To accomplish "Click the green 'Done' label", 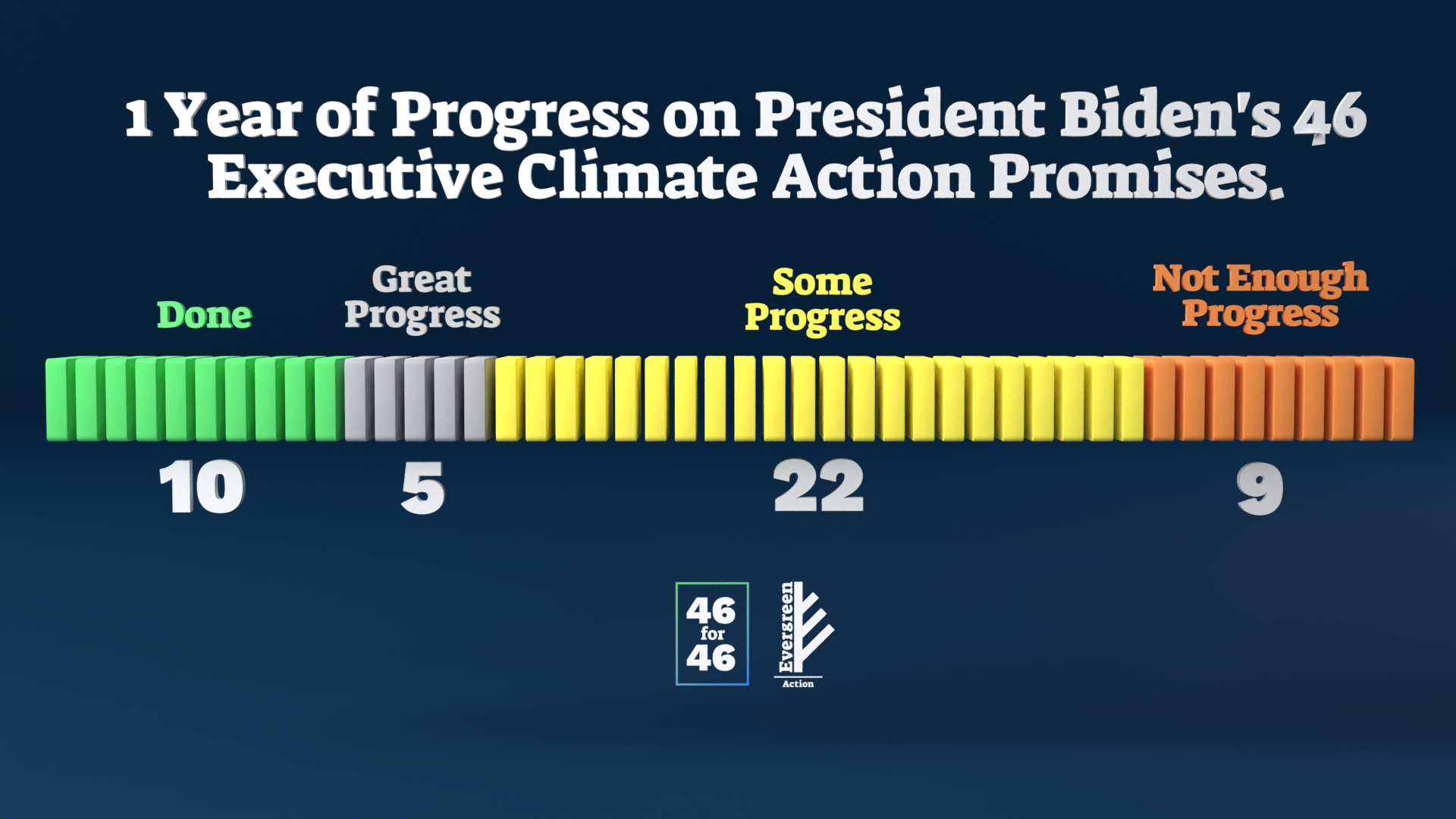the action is (x=204, y=315).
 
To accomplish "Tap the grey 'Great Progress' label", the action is (x=422, y=298).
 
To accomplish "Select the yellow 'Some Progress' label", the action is (x=822, y=300).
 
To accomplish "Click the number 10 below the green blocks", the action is (x=202, y=487).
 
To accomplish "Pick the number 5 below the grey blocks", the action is (x=423, y=489).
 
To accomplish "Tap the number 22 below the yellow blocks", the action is (x=818, y=486).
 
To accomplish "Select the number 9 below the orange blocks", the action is (x=1260, y=489).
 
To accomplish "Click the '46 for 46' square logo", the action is (x=712, y=634).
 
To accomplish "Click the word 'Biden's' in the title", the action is (x=1171, y=115).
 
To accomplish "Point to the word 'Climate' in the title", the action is (x=637, y=176).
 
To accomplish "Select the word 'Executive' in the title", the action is (x=355, y=176).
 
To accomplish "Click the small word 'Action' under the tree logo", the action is (x=798, y=683).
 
